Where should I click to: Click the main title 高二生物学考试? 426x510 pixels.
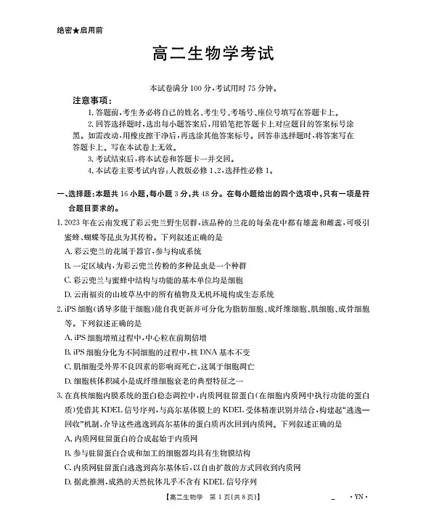click(213, 55)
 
